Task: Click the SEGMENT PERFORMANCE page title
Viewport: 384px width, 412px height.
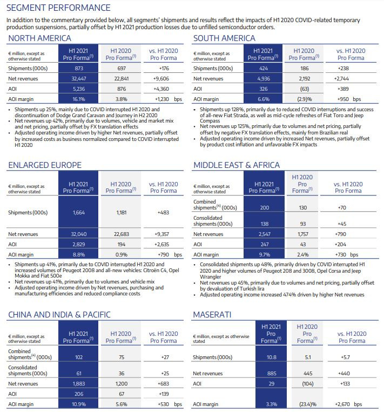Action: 59,8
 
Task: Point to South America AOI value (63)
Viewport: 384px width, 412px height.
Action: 306,89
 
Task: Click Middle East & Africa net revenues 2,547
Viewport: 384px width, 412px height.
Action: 264,234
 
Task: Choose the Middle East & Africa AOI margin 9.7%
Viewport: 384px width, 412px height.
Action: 264,254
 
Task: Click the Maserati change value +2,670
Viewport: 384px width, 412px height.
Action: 346,403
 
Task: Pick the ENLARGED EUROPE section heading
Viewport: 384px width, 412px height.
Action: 45,165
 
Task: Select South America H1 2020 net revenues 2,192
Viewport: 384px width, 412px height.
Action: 306,79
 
